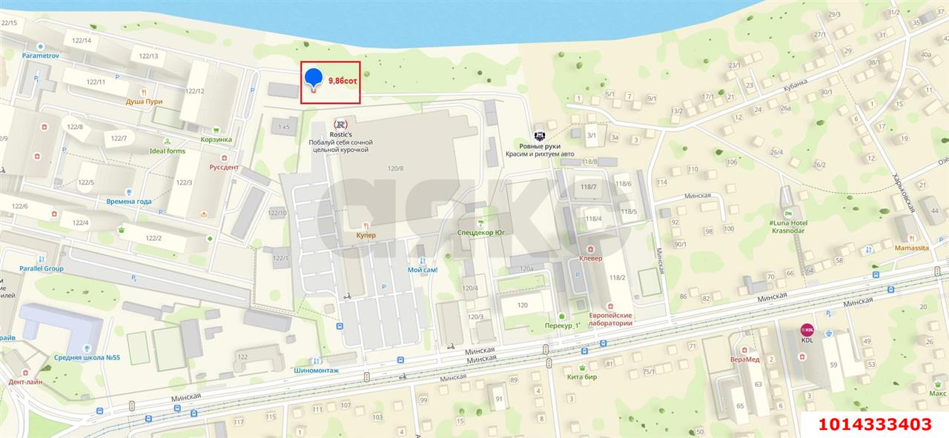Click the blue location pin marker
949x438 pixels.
(314, 78)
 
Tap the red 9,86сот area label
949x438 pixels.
(343, 81)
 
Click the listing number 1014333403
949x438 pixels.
(874, 424)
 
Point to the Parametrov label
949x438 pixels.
(40, 56)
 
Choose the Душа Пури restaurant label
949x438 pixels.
(144, 102)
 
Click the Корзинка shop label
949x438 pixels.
(216, 139)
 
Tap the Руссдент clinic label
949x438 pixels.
(224, 167)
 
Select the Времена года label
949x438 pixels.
(128, 202)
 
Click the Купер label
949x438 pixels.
(366, 235)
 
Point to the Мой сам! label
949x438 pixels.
(423, 270)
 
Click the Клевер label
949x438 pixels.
(590, 258)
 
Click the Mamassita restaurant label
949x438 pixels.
(911, 248)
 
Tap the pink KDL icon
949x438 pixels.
(807, 329)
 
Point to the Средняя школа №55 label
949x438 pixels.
(87, 357)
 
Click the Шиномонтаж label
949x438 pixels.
(317, 371)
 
